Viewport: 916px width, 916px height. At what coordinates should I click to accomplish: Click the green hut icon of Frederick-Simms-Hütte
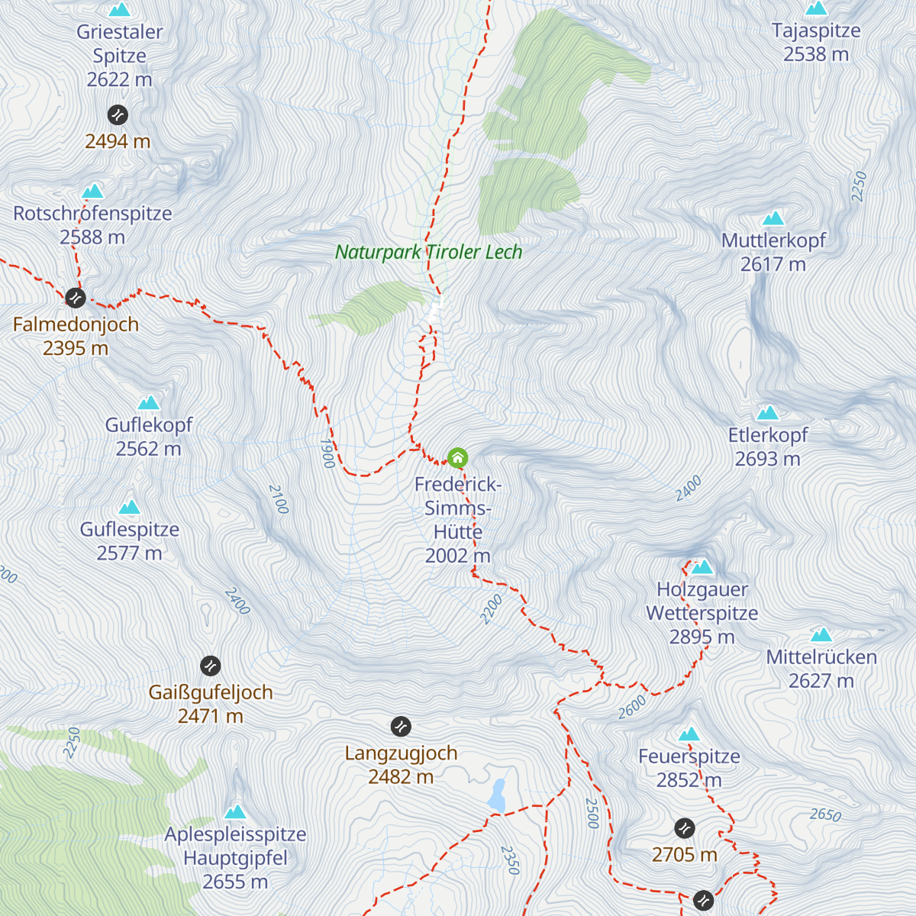click(x=457, y=458)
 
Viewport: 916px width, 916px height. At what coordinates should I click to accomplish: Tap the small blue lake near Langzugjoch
click(x=498, y=795)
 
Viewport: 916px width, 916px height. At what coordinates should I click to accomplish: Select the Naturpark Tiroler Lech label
click(x=429, y=252)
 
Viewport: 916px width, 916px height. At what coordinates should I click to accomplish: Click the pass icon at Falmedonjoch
click(x=75, y=297)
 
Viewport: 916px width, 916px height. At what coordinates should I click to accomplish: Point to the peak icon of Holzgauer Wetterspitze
click(x=702, y=566)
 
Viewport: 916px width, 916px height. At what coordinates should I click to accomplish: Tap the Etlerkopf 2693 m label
click(x=767, y=447)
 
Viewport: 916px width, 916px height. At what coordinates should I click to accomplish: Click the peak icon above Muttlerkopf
click(x=773, y=218)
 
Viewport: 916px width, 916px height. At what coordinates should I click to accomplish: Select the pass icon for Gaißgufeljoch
click(x=210, y=666)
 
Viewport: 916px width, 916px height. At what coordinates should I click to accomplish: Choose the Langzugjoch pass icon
click(x=401, y=727)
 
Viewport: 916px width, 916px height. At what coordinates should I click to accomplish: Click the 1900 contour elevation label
click(x=327, y=453)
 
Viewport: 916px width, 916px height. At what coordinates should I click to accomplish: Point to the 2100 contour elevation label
click(x=279, y=499)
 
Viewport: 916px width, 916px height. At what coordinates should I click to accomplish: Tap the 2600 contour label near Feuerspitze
click(x=632, y=708)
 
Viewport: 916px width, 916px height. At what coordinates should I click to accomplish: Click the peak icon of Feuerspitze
click(x=689, y=734)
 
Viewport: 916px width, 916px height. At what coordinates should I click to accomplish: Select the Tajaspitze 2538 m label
click(x=816, y=42)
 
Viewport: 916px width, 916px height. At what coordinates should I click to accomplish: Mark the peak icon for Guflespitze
click(x=130, y=507)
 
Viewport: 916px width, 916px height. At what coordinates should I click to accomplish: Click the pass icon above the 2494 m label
click(x=118, y=114)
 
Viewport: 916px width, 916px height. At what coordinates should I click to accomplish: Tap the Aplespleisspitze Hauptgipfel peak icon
click(x=235, y=811)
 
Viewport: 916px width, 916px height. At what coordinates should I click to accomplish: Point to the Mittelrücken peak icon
click(x=821, y=634)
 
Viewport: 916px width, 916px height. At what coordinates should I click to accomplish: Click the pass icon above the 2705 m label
click(x=685, y=827)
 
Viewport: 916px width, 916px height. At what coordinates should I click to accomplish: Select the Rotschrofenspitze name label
click(x=92, y=214)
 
